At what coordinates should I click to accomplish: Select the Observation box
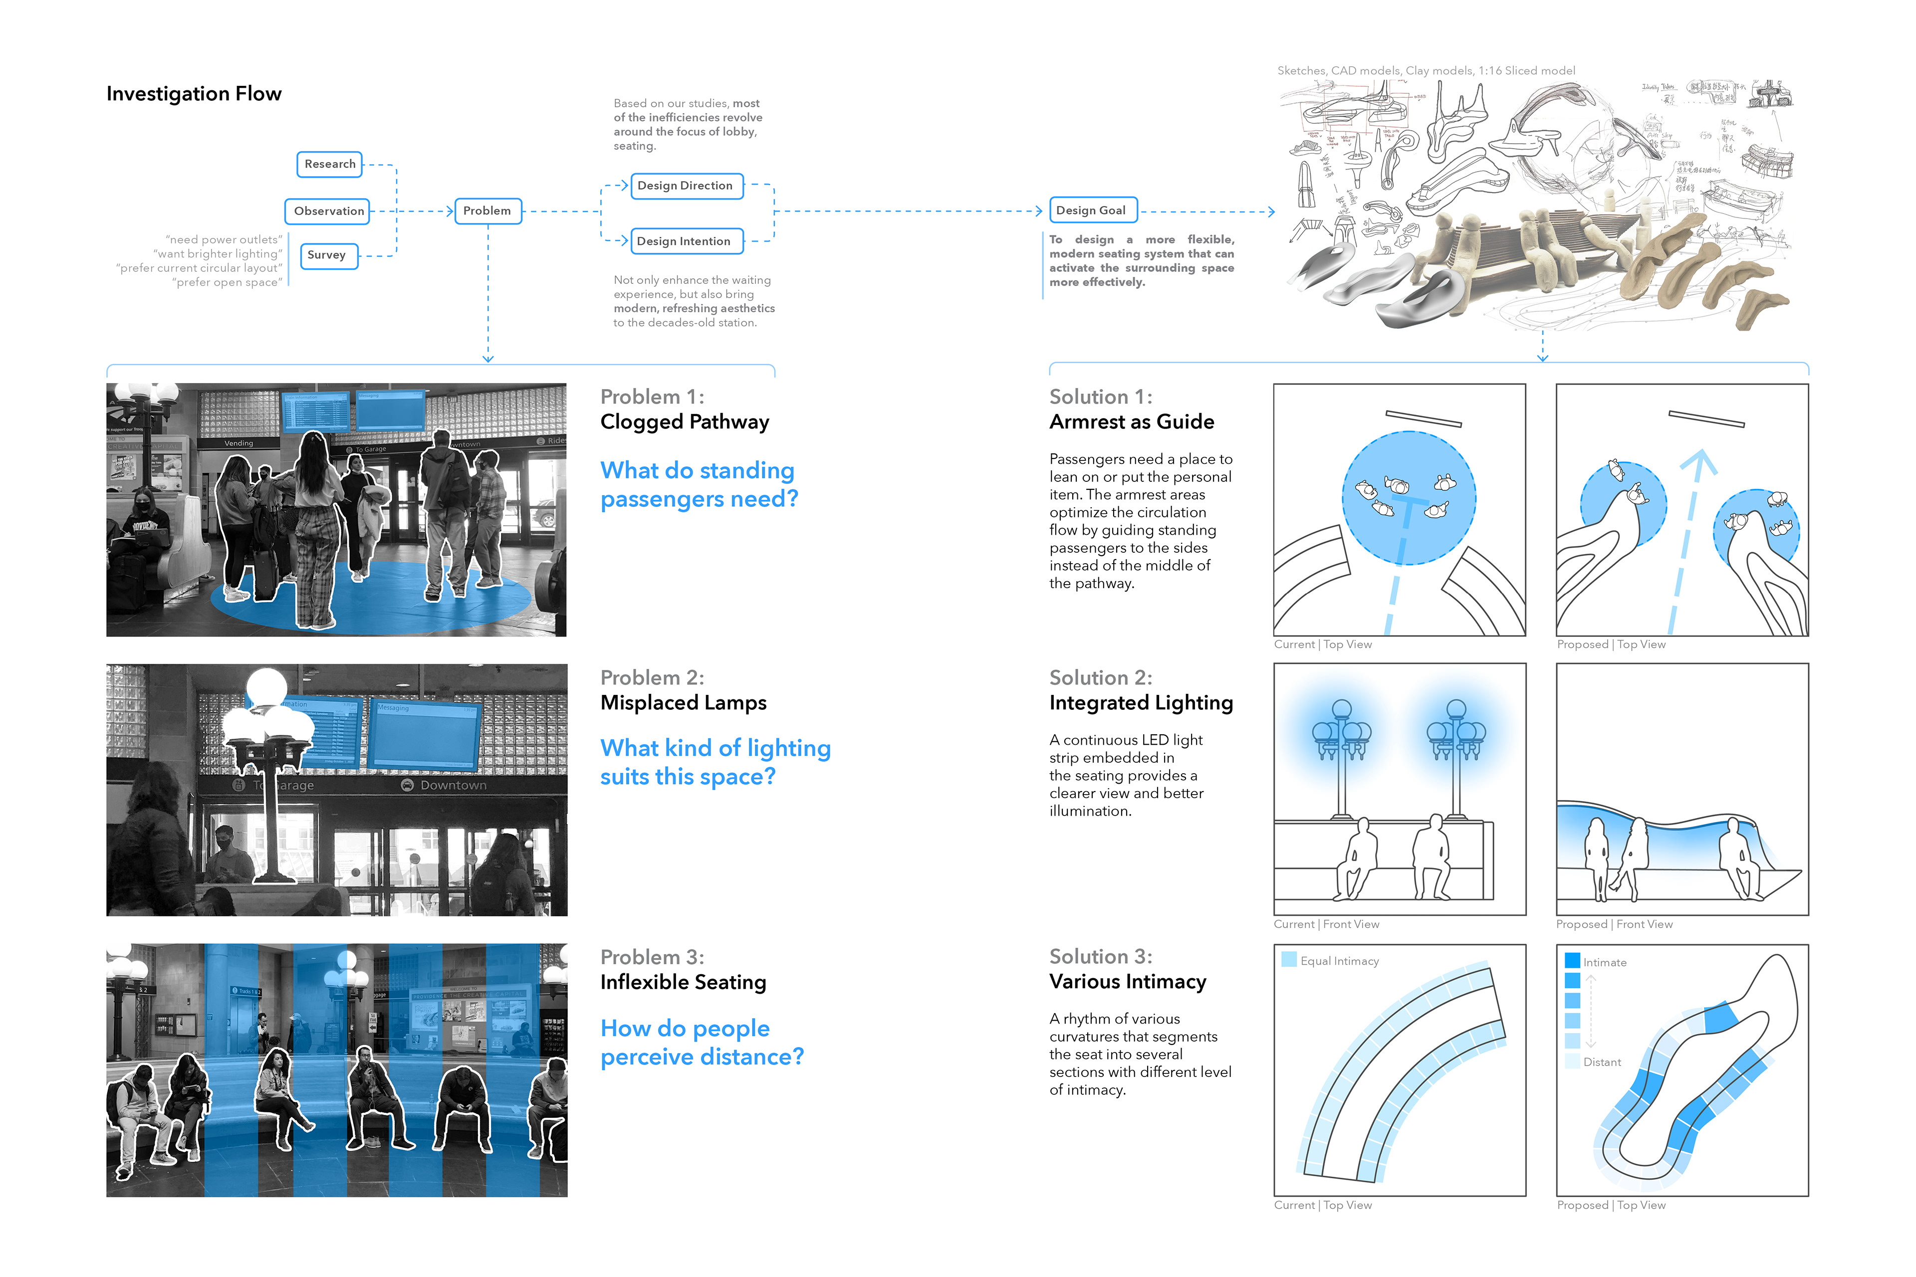[x=328, y=211]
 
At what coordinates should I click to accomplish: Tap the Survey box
[x=327, y=255]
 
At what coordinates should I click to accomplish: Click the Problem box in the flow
[x=487, y=211]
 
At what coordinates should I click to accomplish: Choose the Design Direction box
[x=685, y=186]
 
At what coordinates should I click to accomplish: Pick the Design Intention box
[x=684, y=241]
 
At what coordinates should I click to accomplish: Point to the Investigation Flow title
[x=194, y=94]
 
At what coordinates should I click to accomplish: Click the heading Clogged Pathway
[x=684, y=422]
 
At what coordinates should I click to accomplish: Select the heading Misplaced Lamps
[x=683, y=703]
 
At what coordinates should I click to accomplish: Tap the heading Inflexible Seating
[x=683, y=982]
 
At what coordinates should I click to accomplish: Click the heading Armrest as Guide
[x=1132, y=422]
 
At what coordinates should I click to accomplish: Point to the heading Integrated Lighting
[x=1141, y=703]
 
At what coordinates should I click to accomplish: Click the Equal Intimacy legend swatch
[x=1289, y=959]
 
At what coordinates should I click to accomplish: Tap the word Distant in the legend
[x=1602, y=1062]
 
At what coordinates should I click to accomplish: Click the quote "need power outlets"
[x=224, y=239]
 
